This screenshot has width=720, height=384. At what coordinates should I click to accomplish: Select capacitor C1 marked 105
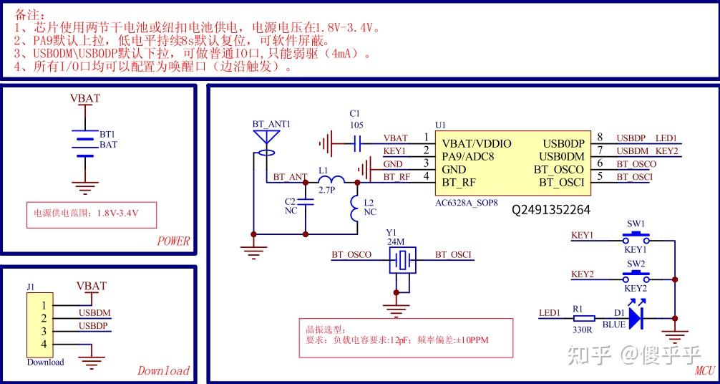tap(356, 144)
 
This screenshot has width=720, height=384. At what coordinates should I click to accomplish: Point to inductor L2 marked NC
tap(356, 207)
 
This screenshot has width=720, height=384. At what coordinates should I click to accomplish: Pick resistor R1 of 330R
tap(583, 317)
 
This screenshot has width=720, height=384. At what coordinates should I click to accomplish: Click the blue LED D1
tap(636, 317)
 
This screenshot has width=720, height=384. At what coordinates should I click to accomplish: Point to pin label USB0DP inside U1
tap(563, 143)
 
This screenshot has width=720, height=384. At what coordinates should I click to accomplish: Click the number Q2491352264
tap(550, 210)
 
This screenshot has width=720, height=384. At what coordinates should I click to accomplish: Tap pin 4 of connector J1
tap(44, 345)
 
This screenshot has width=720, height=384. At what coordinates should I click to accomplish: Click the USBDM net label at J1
tap(94, 312)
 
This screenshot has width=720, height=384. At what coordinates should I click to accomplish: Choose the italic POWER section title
tap(173, 241)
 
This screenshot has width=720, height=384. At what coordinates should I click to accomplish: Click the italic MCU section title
tap(704, 370)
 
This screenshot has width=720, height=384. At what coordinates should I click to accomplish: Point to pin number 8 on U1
tap(600, 138)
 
